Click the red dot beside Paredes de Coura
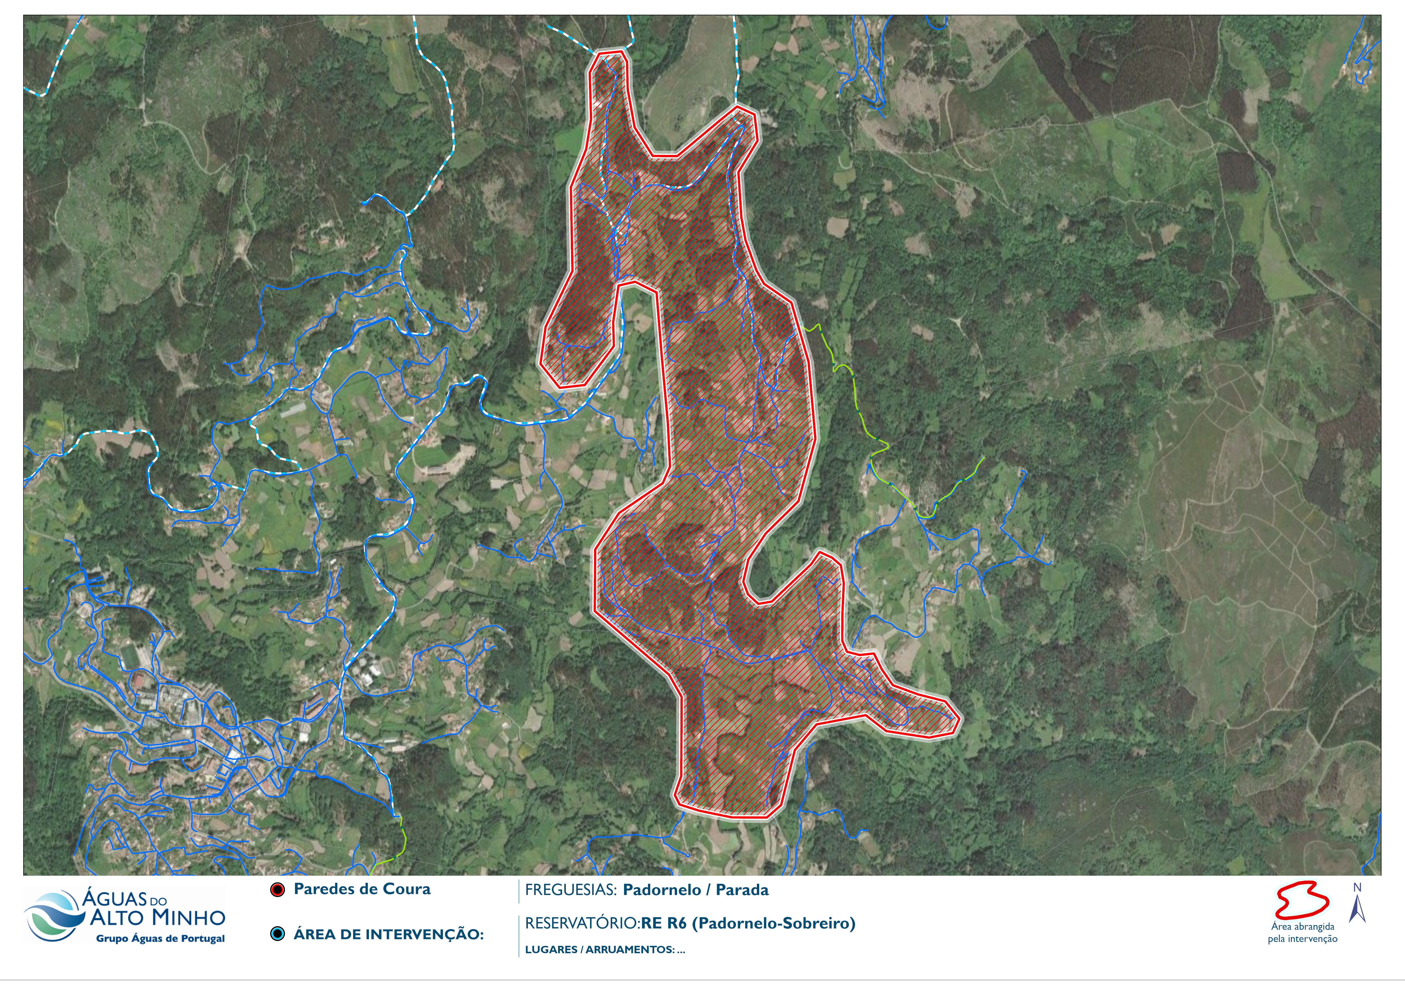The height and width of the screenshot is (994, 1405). (x=278, y=890)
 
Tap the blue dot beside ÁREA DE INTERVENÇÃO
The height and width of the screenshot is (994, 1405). (x=278, y=934)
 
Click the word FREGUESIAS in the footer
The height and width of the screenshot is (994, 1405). (x=570, y=890)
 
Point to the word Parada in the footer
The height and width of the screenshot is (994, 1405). (x=742, y=890)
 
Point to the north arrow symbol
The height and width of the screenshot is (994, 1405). (x=1357, y=910)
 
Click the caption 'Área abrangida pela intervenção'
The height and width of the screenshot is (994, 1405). (x=1302, y=933)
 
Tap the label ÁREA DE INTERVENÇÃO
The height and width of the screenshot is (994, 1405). (x=388, y=935)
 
